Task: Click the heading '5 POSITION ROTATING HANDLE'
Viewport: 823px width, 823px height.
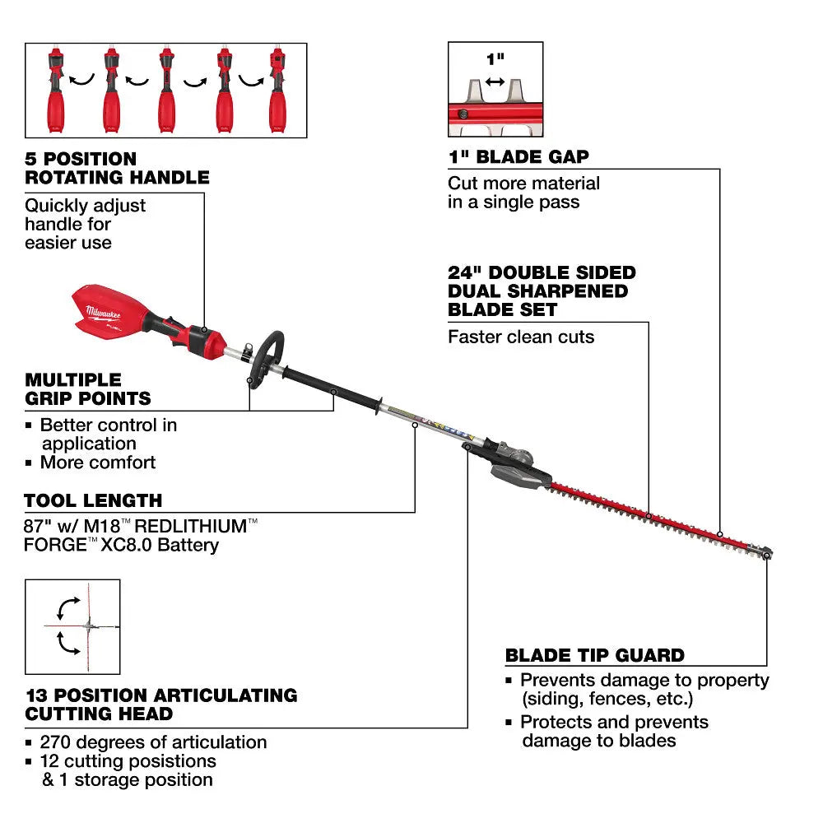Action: pos(117,168)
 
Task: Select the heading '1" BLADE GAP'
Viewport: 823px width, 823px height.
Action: pos(518,157)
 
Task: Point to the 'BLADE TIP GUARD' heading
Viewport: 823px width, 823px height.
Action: pos(595,655)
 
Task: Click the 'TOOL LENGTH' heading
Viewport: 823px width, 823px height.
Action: pos(93,500)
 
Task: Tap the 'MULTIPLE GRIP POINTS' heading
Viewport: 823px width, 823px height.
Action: pos(88,389)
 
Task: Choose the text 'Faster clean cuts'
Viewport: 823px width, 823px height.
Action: pos(521,337)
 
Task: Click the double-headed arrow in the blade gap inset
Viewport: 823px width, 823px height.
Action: pos(495,81)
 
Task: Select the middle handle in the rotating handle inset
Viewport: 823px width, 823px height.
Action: pos(166,92)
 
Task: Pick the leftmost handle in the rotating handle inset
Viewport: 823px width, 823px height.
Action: pos(55,92)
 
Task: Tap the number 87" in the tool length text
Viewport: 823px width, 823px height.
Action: pos(38,525)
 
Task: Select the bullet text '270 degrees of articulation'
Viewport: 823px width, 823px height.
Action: pos(154,742)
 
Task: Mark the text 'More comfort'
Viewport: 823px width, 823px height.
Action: pos(98,463)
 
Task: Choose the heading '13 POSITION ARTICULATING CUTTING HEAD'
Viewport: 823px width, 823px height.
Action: pos(160,704)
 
